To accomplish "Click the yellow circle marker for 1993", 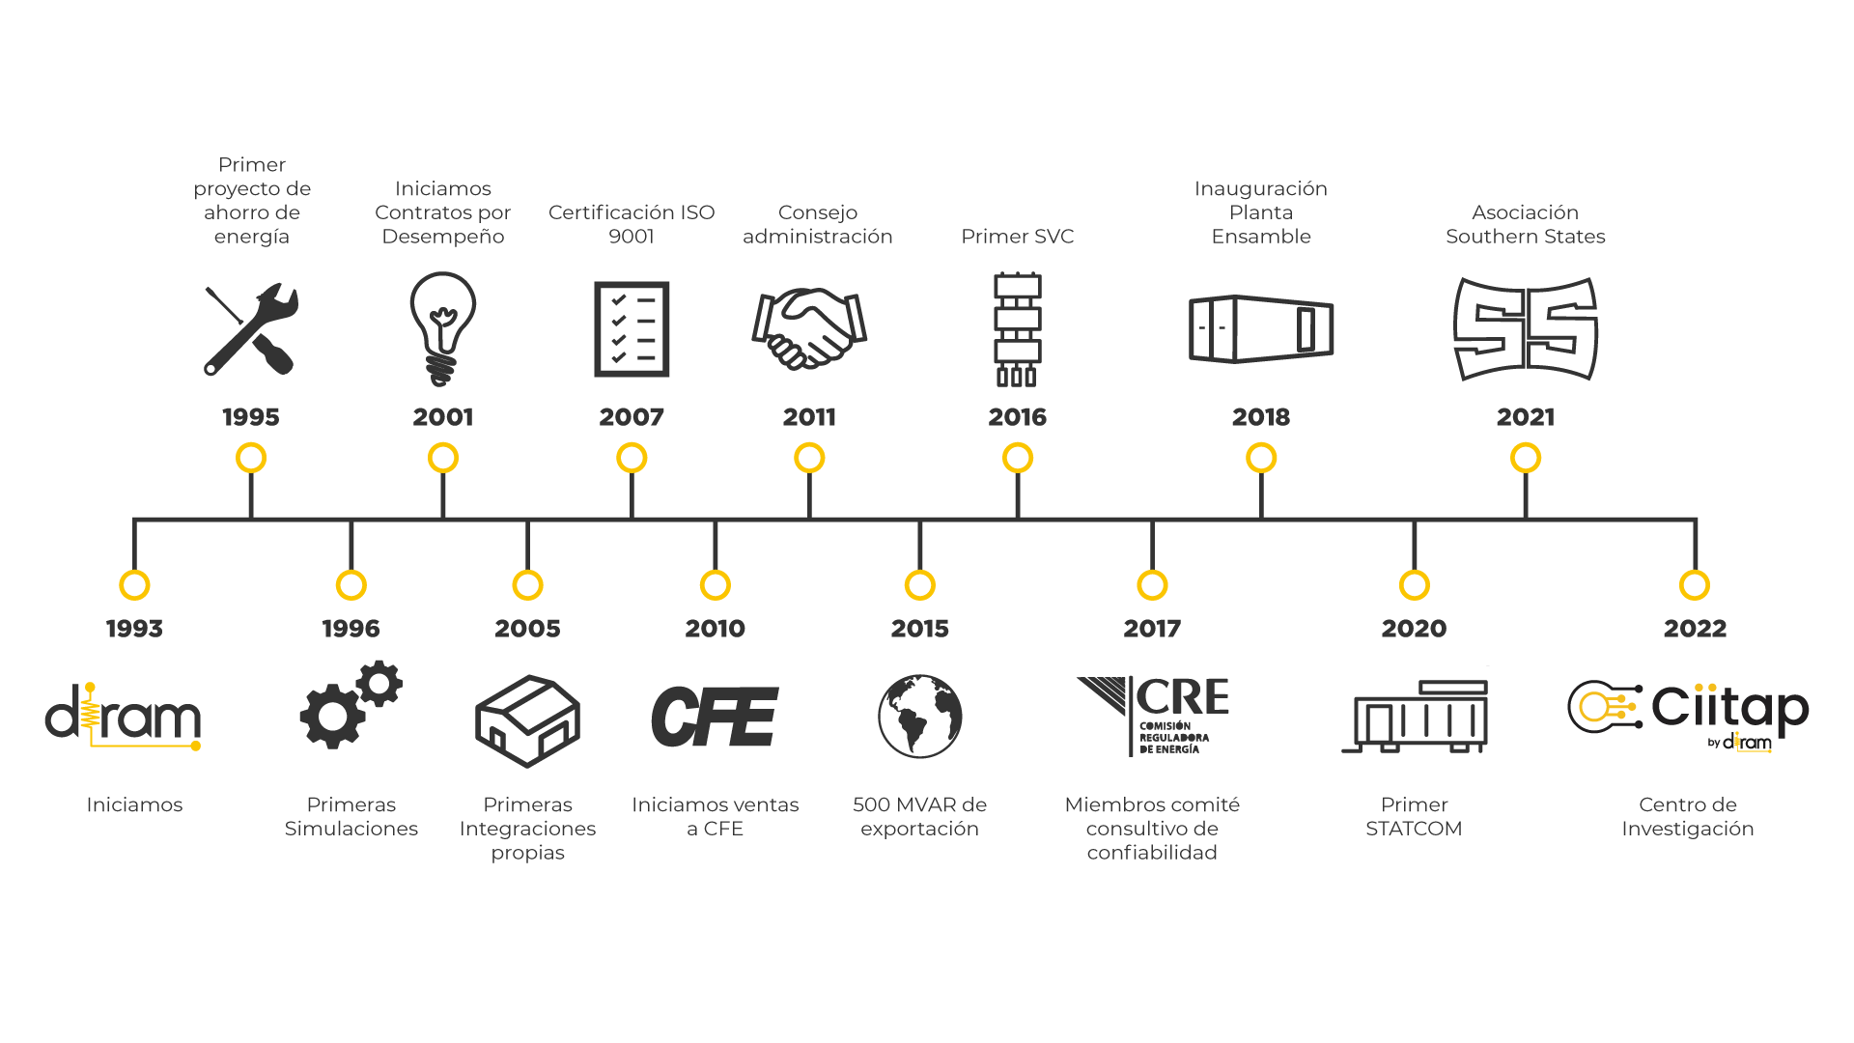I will coord(134,585).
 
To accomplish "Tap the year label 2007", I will coord(632,417).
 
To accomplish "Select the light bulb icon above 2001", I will coord(443,328).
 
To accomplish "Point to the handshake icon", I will coord(809,328).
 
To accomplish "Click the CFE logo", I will coord(715,718).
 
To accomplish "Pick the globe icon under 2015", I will coord(919,717).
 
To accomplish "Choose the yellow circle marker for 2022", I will coord(1695,585).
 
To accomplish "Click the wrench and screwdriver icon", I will coord(251,329).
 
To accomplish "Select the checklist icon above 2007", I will coord(632,329).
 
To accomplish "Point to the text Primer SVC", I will coord(1017,237).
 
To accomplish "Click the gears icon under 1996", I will coord(351,705).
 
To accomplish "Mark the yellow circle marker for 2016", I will coord(1018,458).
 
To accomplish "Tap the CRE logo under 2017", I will coord(1153,716).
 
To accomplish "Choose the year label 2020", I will coord(1414,629).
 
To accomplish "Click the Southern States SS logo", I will coord(1526,329).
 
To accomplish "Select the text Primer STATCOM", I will coord(1414,817).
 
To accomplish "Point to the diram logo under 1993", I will coord(124,718).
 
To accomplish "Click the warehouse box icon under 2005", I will coord(527,720).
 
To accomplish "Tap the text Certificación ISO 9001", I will coord(632,224).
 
